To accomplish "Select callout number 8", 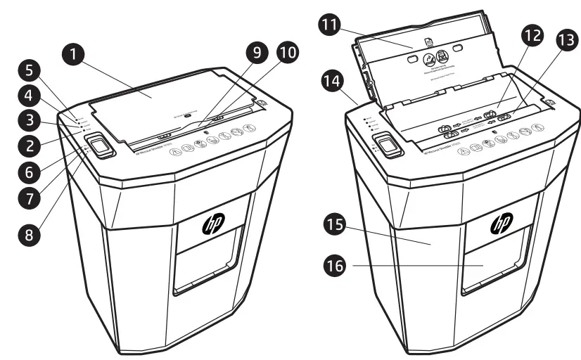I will point(30,235).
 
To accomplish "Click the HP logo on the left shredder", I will point(211,224).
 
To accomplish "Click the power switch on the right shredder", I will point(386,144).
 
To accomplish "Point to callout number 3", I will point(30,120).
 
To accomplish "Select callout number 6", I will point(30,172).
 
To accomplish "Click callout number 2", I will point(30,146).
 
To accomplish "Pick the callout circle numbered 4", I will point(30,96).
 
